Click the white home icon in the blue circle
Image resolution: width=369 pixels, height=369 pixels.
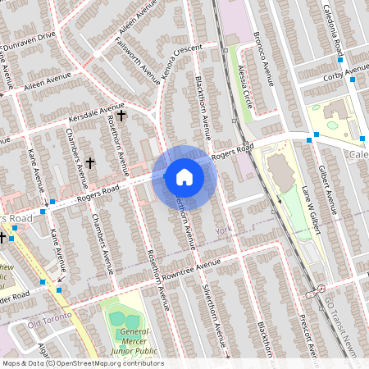[x=184, y=176]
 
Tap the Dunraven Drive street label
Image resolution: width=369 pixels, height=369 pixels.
[x=29, y=38]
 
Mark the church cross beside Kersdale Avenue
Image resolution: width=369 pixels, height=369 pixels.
[x=121, y=116]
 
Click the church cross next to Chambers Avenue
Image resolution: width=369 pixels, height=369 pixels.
[x=90, y=163]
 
